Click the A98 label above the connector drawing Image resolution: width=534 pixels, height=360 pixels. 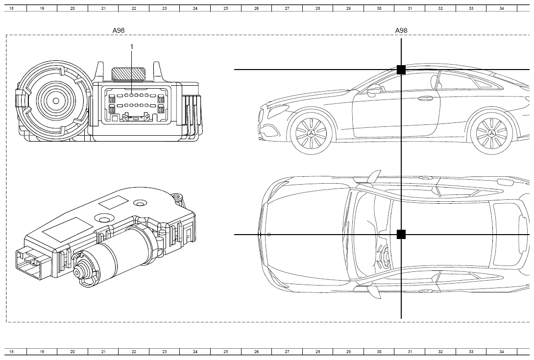tap(119, 30)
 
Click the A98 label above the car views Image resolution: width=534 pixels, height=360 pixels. tap(401, 30)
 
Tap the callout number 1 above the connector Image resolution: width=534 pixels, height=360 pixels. tap(132, 47)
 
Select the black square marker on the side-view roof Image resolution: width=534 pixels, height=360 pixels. tap(401, 70)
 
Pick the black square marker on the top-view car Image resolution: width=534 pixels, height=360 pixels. tap(401, 234)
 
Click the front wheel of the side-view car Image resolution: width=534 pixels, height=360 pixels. tap(311, 133)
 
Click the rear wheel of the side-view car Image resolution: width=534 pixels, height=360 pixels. tap(491, 133)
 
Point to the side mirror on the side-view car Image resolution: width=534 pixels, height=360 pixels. tap(374, 90)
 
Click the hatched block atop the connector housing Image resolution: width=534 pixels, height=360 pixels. tap(129, 74)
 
